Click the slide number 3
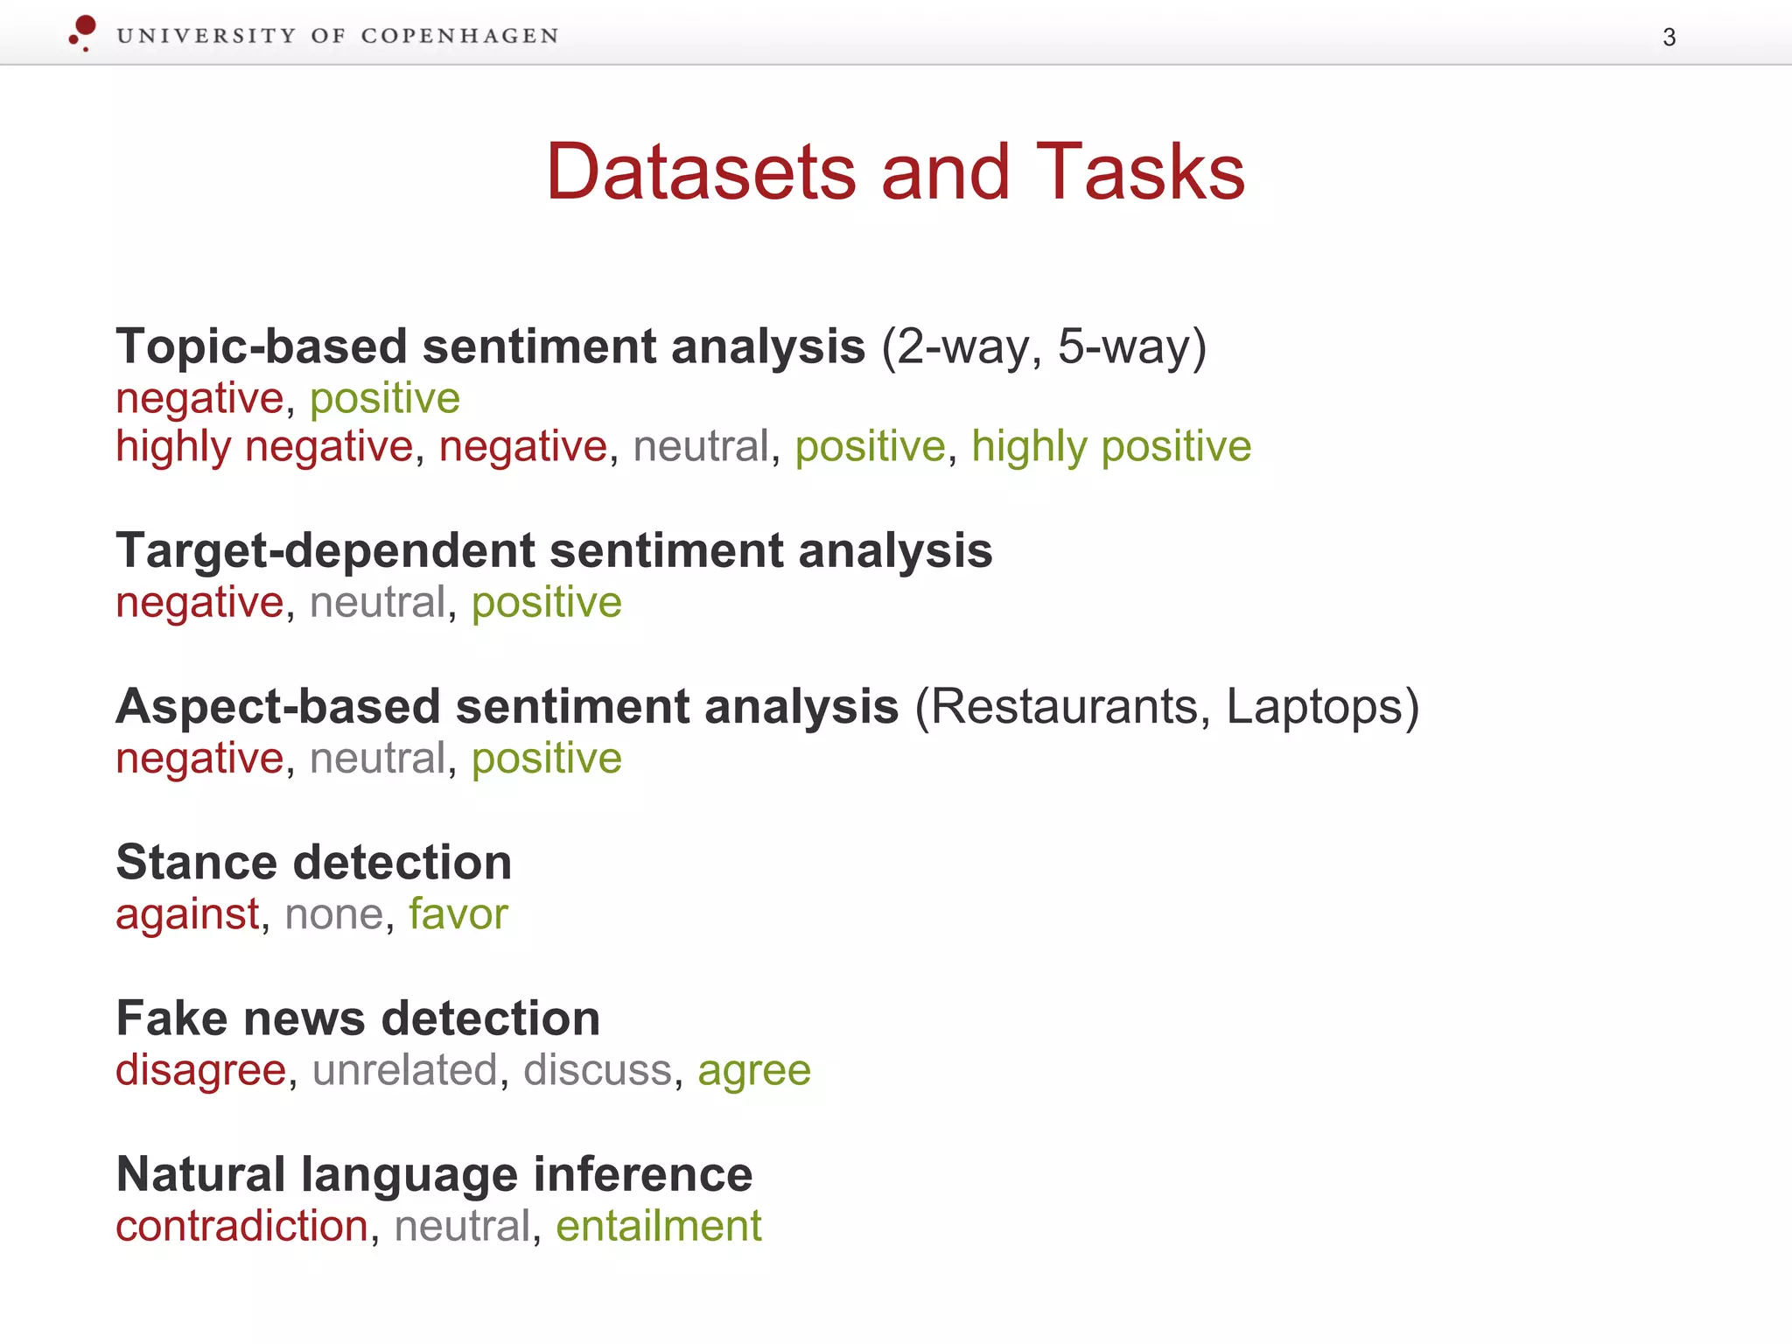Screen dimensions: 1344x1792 1669,38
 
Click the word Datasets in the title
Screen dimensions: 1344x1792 700,171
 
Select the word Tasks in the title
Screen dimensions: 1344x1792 1140,171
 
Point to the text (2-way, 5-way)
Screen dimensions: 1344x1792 1044,346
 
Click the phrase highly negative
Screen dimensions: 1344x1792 263,446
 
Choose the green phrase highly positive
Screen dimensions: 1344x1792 1111,446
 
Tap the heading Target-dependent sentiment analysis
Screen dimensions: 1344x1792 554,550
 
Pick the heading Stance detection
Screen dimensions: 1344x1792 313,862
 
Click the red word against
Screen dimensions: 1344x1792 187,914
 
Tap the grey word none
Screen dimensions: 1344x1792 334,914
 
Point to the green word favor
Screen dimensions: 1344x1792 458,914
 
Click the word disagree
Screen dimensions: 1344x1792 200,1070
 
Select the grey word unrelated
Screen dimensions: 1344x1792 404,1070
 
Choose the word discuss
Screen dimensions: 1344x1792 597,1070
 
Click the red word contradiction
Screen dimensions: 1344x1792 241,1226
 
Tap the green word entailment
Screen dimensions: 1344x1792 658,1226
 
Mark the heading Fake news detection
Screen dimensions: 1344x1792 358,1018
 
